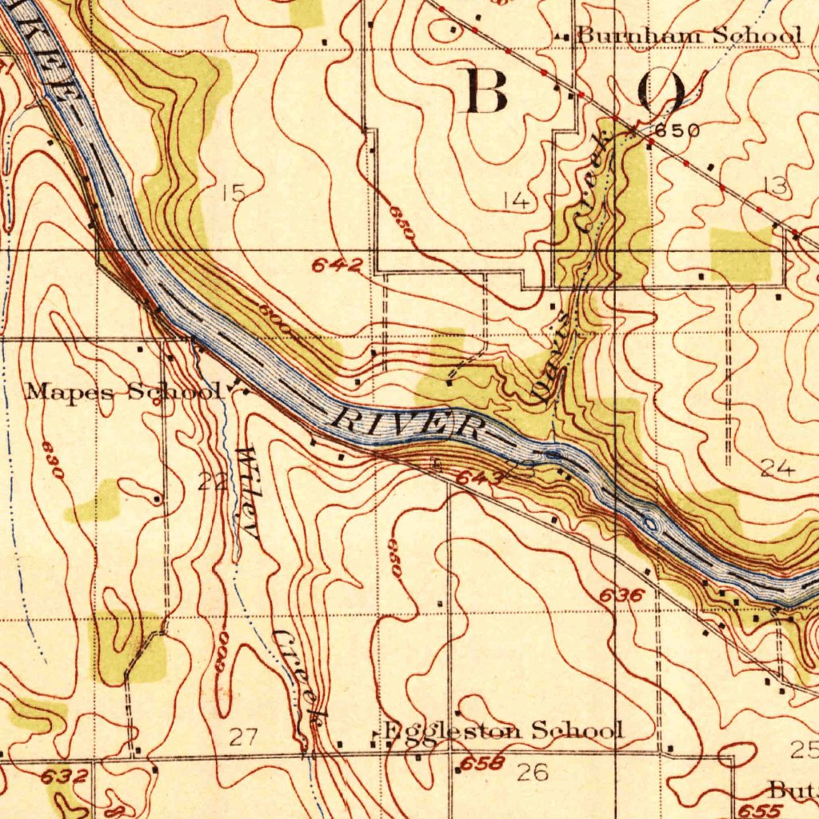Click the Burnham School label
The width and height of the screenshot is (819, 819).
point(689,35)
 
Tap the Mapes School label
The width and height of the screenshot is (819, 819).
point(123,392)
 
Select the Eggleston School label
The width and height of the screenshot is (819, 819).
point(503,730)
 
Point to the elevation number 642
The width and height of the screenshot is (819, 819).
point(338,266)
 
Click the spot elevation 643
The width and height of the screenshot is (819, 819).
point(479,478)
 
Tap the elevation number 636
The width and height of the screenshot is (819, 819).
point(621,595)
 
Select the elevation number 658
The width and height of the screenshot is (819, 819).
point(482,762)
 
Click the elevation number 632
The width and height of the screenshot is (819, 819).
point(63,775)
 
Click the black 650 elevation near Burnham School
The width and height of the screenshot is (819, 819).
point(677,131)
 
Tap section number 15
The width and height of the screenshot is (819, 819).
point(233,193)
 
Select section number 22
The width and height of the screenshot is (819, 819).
point(210,481)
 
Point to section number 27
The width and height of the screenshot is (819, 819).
point(243,737)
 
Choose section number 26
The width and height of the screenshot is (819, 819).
point(533,773)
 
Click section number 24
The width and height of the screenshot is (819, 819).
point(777,469)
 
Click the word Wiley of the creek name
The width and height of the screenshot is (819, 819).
point(250,494)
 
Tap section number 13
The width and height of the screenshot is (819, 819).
point(775,186)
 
